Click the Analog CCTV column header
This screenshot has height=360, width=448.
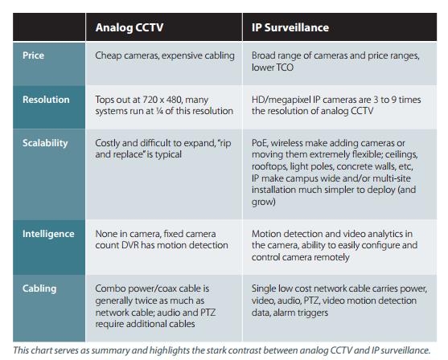[x=129, y=27]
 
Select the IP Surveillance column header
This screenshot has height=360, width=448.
[x=290, y=27]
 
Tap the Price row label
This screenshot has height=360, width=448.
[x=33, y=55]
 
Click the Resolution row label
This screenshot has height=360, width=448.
[x=46, y=100]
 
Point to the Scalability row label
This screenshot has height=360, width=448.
[x=45, y=143]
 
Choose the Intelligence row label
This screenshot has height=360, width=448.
[x=48, y=234]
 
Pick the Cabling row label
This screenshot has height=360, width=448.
[x=39, y=288]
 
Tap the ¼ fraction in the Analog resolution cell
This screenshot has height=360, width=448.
[x=159, y=111]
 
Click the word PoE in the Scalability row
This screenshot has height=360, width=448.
[x=260, y=143]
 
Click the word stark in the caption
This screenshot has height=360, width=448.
[x=215, y=350]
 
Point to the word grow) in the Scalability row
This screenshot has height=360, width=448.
[x=264, y=202]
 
